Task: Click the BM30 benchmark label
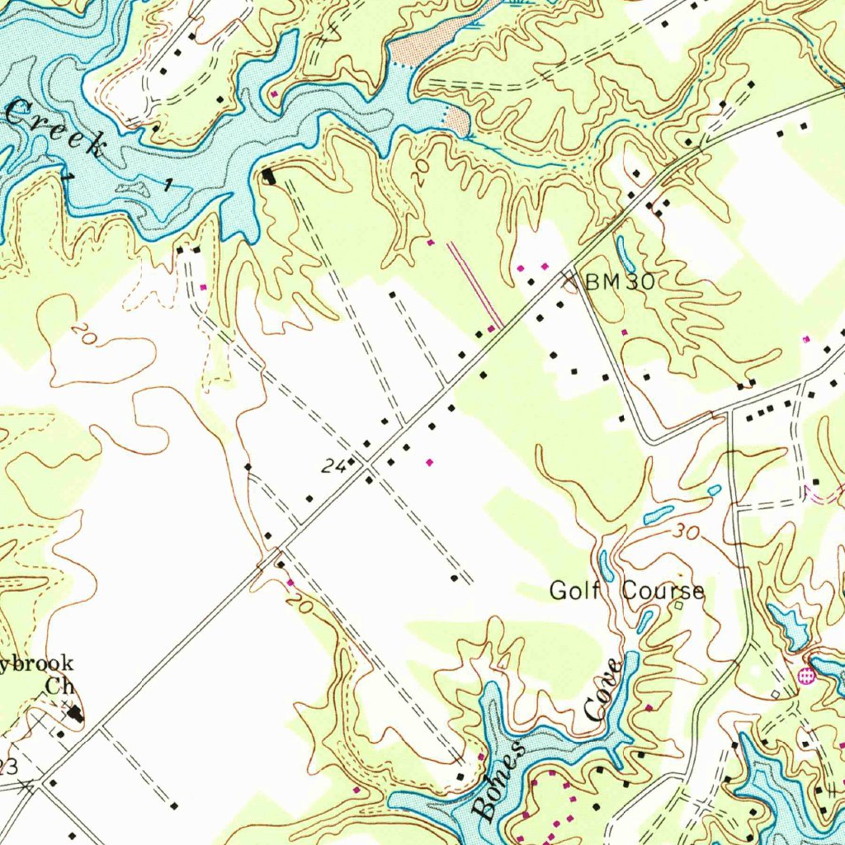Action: [620, 282]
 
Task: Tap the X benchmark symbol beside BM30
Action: [570, 281]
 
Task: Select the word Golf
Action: [574, 591]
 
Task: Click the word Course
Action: [663, 591]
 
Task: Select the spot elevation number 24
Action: [333, 467]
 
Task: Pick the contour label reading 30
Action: [684, 533]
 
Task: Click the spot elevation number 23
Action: [7, 767]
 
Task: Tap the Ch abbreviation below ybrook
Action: [59, 685]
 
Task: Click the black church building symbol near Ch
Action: [76, 712]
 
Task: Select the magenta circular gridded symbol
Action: [806, 676]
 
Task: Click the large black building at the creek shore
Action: [270, 176]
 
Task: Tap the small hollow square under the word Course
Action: [678, 606]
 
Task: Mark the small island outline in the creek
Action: [132, 189]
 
